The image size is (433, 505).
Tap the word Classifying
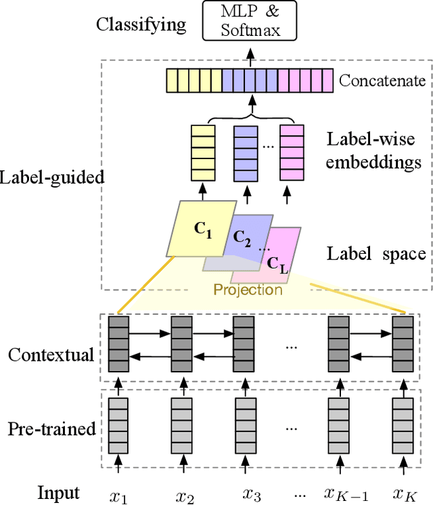(x=141, y=25)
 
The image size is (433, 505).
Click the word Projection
(x=248, y=290)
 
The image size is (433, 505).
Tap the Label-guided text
(x=53, y=179)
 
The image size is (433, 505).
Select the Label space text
(x=376, y=254)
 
